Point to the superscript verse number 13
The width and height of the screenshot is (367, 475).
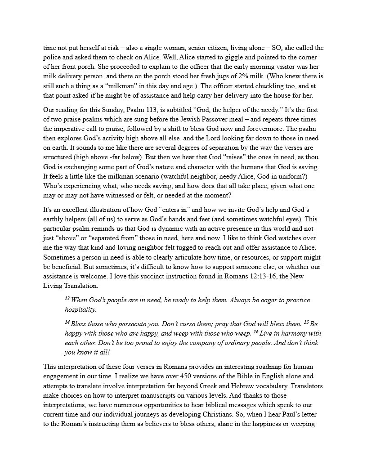pos(67,298)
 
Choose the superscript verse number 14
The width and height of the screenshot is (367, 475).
pos(67,322)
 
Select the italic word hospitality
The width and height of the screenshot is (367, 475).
pos(80,310)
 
